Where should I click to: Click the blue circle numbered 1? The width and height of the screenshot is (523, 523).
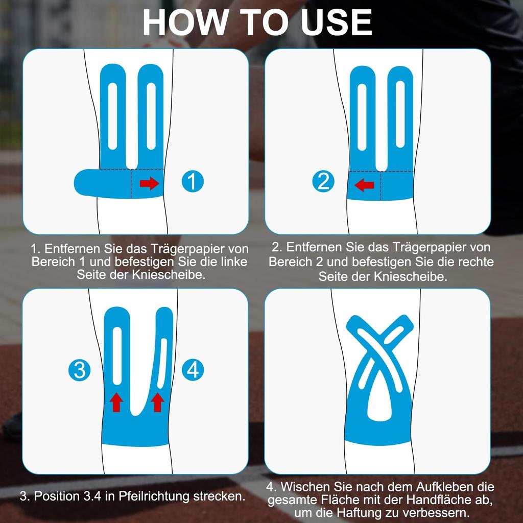(x=193, y=181)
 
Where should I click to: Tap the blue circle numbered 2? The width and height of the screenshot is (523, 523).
(x=323, y=181)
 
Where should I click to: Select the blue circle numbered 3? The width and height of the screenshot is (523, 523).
(x=79, y=370)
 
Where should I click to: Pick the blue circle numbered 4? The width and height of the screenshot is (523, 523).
(x=193, y=370)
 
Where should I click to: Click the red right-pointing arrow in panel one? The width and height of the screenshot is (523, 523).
(x=149, y=183)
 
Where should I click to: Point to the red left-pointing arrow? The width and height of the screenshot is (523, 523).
(x=364, y=185)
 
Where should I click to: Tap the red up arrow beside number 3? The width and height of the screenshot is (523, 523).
(x=116, y=402)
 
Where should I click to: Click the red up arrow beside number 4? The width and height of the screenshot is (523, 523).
(x=157, y=402)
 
